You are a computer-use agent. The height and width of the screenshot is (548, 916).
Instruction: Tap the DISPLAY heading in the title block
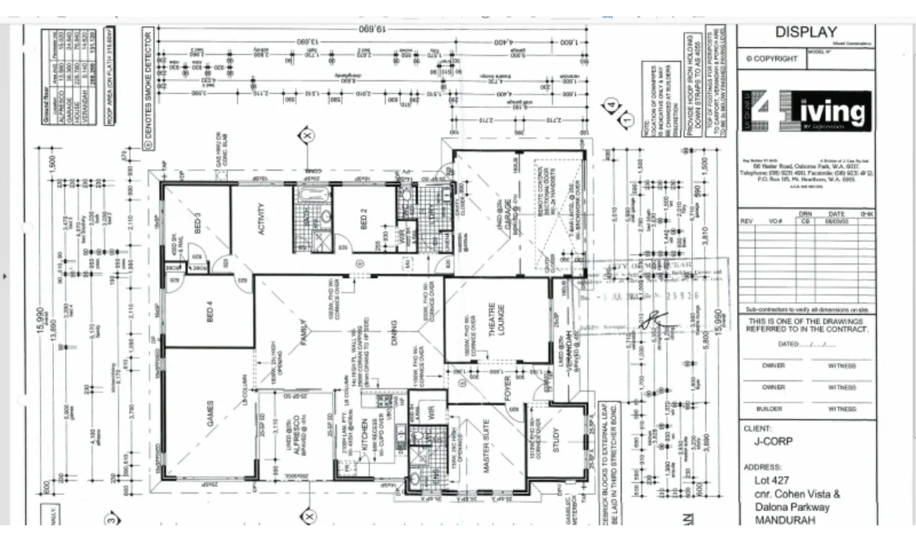point(806,33)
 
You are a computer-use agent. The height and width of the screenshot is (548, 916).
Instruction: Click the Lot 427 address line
point(771,481)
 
